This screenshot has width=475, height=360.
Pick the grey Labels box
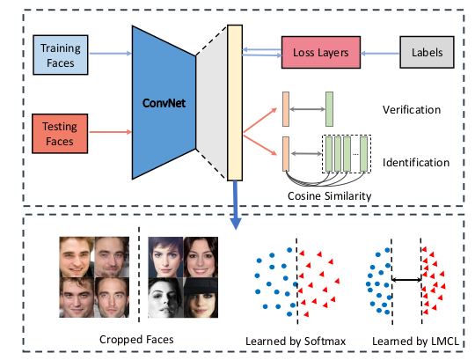point(426,54)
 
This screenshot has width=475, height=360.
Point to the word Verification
point(412,110)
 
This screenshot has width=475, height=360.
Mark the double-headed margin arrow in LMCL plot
point(406,280)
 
